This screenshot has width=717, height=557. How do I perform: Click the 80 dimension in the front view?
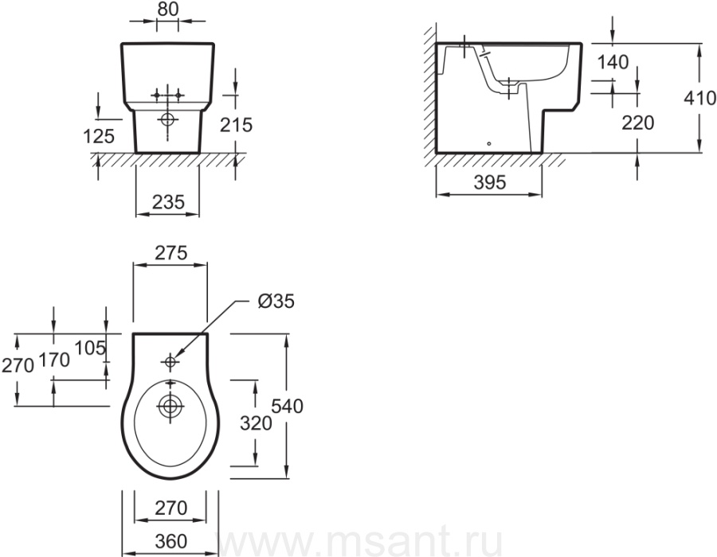point(167,9)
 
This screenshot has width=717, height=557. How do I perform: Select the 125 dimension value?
point(99,136)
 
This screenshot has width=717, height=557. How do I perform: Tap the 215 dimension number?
point(236,125)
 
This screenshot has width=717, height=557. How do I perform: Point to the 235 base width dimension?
point(168,202)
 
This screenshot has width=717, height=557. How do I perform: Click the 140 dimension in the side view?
point(613,62)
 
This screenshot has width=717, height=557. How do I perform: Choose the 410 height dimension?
point(700,98)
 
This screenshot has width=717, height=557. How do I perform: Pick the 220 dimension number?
point(638,123)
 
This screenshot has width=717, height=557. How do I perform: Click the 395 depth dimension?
point(490,183)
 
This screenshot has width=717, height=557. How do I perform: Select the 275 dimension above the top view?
point(170,253)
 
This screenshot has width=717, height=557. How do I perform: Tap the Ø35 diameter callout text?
point(276,302)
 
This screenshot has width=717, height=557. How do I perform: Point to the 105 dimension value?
point(90,349)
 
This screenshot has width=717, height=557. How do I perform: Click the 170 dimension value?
point(54,360)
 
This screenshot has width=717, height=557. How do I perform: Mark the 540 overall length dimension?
point(288,406)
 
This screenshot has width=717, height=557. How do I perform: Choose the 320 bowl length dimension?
point(256,423)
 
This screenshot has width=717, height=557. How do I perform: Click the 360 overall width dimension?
point(171,541)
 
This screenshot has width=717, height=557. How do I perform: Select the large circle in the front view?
point(168,119)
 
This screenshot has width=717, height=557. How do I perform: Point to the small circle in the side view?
point(489,144)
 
